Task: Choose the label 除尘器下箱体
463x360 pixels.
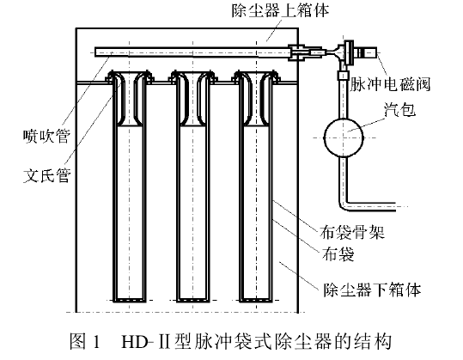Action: (x=371, y=290)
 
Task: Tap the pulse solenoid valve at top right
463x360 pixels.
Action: (x=352, y=54)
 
